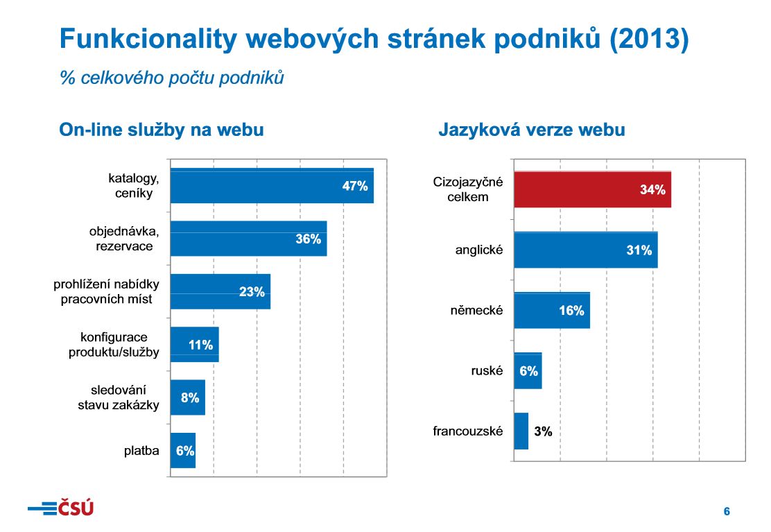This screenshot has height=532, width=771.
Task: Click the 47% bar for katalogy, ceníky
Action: coord(272,186)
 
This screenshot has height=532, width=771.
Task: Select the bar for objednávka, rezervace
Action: coord(248,239)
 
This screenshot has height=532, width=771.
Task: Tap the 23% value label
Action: coord(252,292)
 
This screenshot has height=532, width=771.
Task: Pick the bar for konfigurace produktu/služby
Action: coord(195,345)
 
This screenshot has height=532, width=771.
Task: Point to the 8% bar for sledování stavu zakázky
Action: coord(188,397)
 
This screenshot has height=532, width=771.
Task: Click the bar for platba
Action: coord(183,450)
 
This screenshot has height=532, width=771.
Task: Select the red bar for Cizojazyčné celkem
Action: coord(592,189)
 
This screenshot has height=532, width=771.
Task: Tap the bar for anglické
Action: coord(585,250)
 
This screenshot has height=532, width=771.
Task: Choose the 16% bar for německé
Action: coord(552,310)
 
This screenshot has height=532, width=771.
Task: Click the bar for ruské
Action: coord(528,371)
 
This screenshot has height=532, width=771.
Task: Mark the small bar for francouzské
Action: coord(521,431)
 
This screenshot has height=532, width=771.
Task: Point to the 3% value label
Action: coord(543,431)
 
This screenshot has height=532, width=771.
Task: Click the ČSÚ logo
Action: coord(60,508)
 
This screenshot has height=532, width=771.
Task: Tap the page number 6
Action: coord(727,512)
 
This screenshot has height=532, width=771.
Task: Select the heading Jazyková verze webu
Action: coord(532,130)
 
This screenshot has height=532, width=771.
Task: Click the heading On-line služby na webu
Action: coord(162,130)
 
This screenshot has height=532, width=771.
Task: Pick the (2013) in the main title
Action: coord(649,40)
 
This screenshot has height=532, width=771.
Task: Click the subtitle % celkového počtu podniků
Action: coord(172,78)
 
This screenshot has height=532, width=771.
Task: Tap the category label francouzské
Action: coord(467,431)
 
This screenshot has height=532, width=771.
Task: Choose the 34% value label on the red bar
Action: coord(652,189)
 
